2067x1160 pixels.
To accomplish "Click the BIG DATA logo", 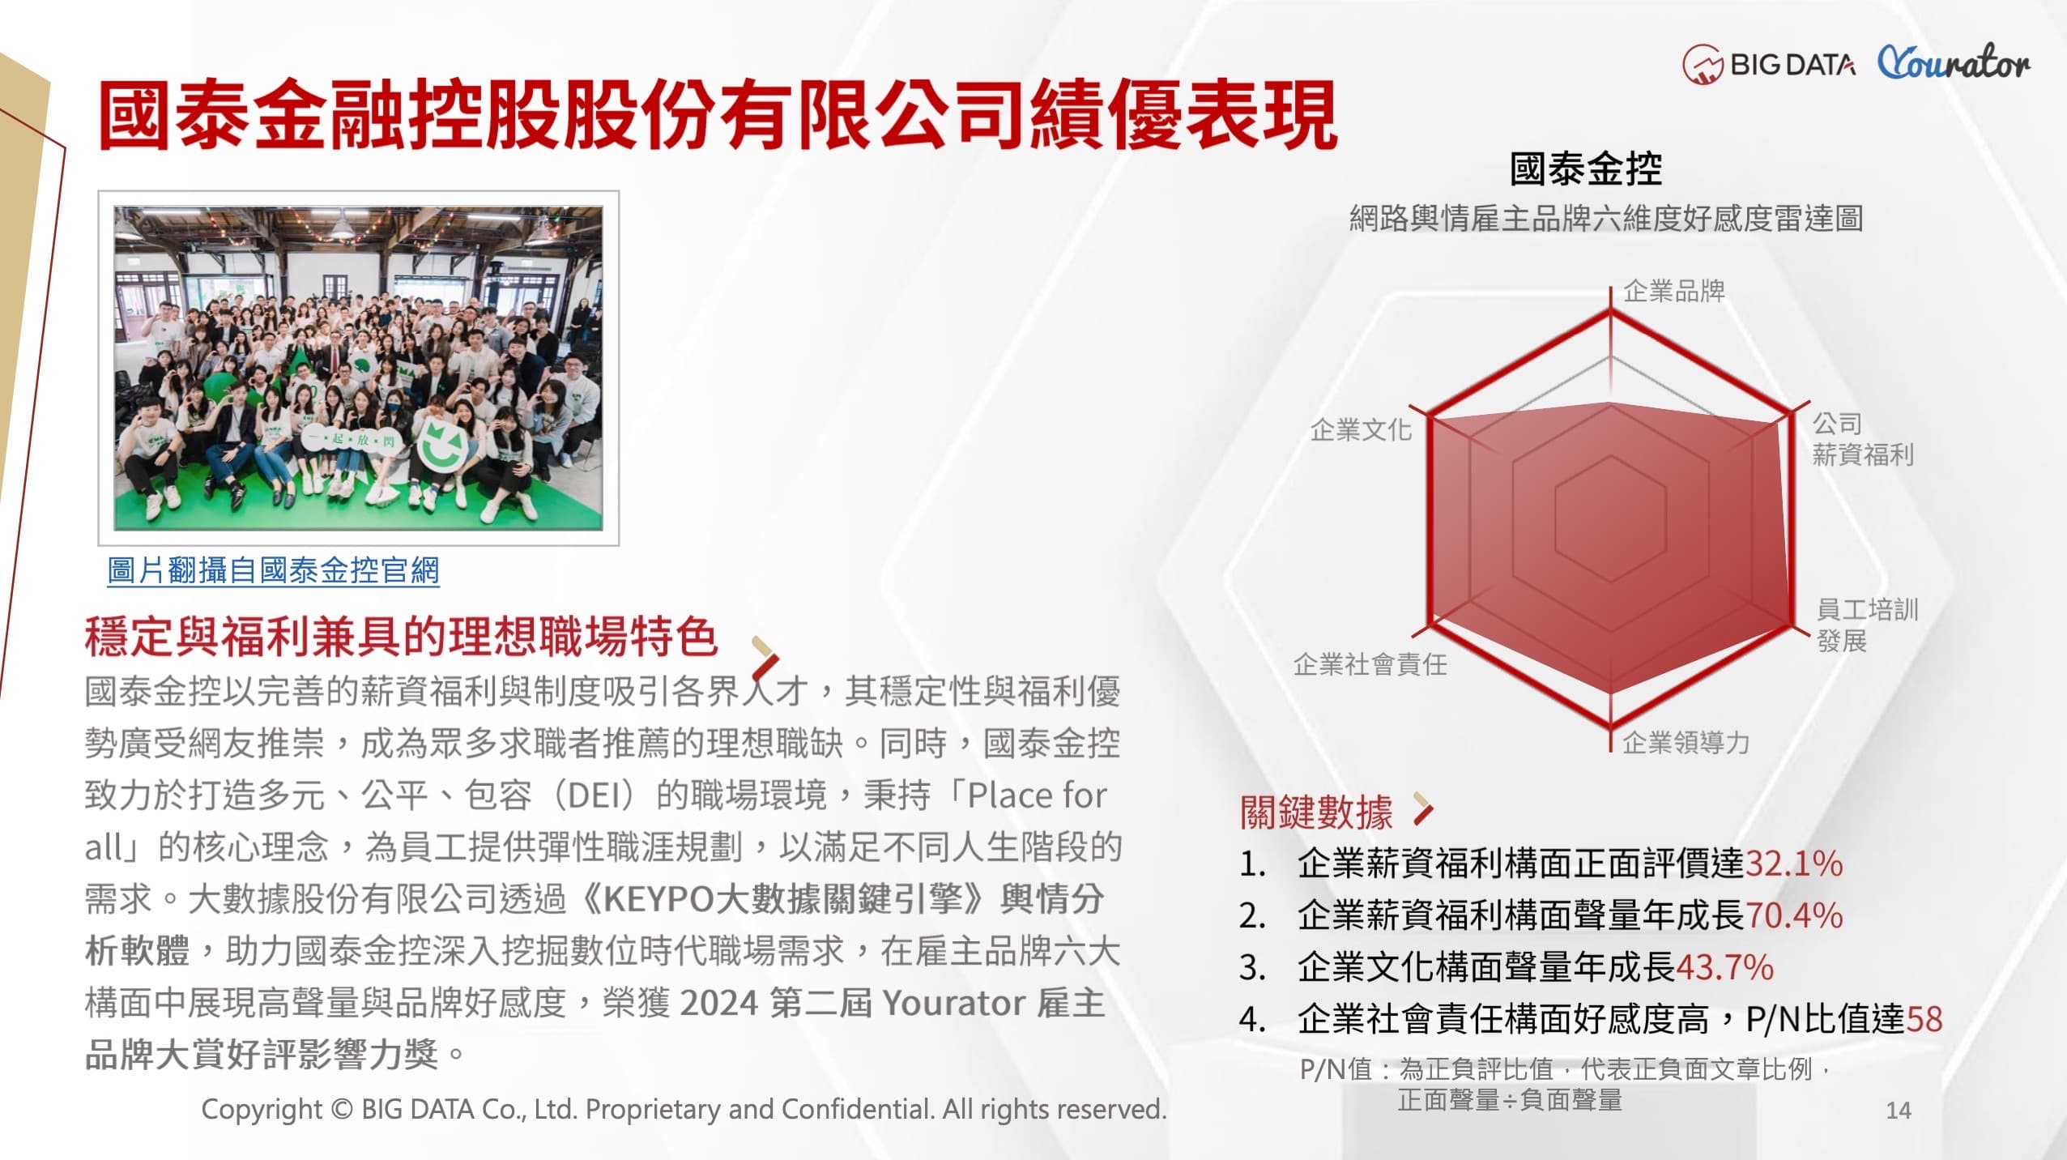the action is (1769, 63).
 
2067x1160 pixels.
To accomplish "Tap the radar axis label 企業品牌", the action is (1674, 291).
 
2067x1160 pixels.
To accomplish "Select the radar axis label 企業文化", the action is (1361, 429).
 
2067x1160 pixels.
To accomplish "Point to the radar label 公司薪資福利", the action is (1863, 438).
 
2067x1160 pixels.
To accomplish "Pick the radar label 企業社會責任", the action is (1370, 664).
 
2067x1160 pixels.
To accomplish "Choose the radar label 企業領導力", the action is (1686, 742).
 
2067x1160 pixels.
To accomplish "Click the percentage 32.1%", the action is (1794, 864).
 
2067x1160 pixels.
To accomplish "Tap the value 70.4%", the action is (1794, 915).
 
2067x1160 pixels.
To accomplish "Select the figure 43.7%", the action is (1724, 967).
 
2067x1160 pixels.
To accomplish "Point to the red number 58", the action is (1924, 1019).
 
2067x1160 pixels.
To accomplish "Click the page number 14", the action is (1899, 1110).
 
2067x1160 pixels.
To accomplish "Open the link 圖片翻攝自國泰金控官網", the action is (273, 570).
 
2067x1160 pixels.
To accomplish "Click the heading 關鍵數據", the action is (1316, 812).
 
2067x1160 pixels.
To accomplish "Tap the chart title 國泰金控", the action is (1585, 169).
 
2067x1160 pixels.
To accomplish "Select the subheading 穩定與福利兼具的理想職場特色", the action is (401, 636).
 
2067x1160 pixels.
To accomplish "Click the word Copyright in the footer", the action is (262, 1109).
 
